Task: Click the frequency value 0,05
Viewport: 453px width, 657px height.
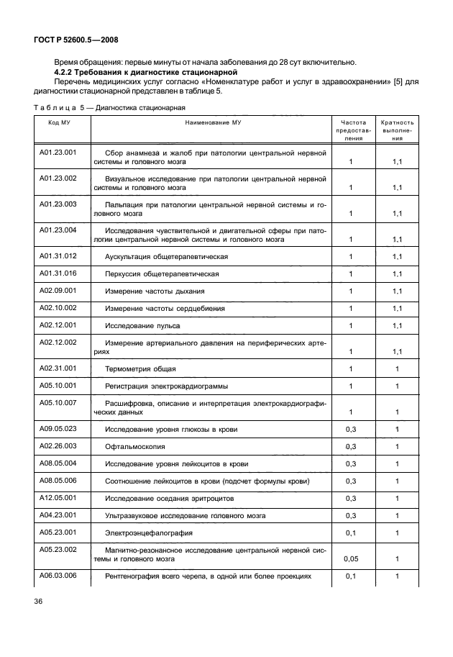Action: point(351,558)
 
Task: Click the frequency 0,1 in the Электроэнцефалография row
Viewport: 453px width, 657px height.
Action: point(351,533)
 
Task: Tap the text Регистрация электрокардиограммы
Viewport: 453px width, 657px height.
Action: point(165,386)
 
